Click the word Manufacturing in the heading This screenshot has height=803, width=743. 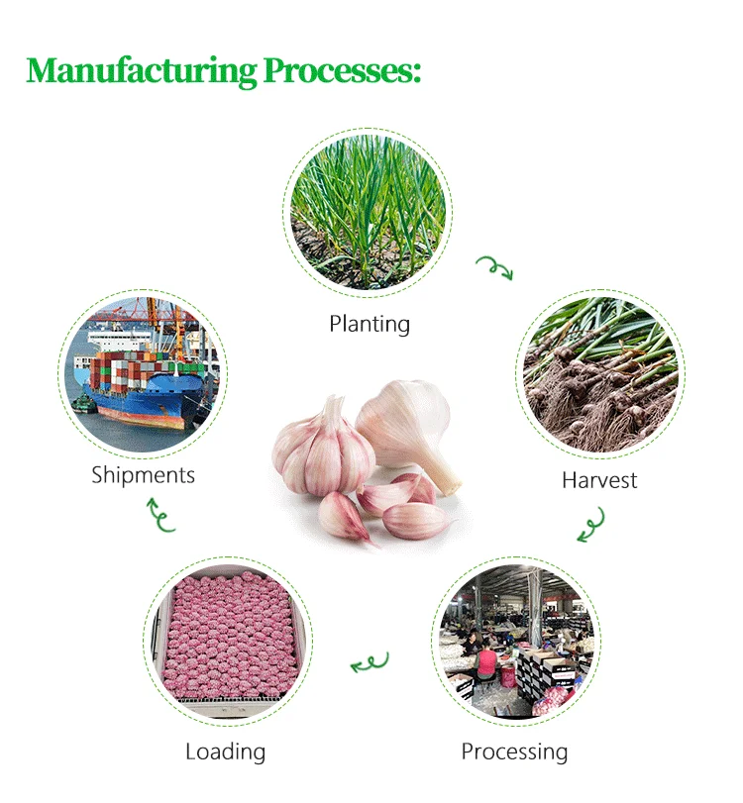point(141,71)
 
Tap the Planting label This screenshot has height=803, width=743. point(370,324)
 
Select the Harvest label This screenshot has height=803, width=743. point(599,481)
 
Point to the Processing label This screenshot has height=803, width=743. point(514,752)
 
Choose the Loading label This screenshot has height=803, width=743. point(225,752)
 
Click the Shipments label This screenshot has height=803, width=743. point(143,474)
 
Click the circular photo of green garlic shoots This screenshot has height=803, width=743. point(367,214)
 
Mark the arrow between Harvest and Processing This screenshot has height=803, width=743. point(591,526)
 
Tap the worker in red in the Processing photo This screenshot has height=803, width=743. point(486,660)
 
